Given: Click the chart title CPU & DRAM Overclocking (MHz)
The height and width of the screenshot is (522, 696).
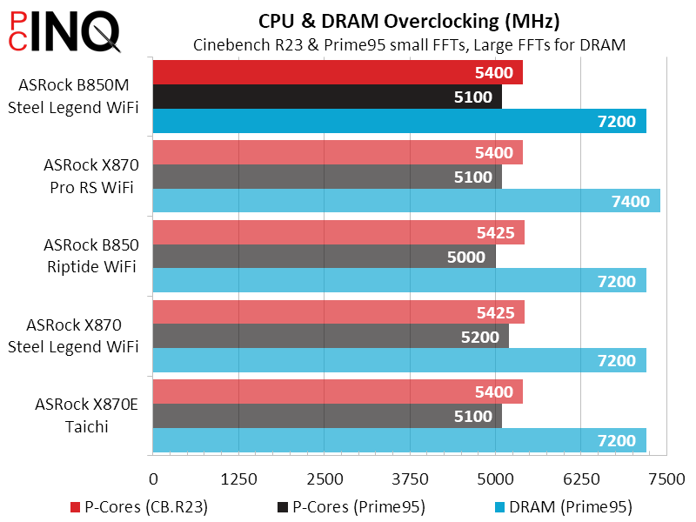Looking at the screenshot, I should (x=409, y=21).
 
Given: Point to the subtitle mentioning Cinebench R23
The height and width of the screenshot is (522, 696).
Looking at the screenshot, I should (x=409, y=43).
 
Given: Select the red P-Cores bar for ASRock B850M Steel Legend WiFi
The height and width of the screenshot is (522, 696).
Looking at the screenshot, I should (x=338, y=73).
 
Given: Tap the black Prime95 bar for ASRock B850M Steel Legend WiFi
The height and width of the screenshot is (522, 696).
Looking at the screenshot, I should (x=327, y=97).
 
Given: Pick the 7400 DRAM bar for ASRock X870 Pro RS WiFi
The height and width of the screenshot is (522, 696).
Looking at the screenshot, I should (x=406, y=201).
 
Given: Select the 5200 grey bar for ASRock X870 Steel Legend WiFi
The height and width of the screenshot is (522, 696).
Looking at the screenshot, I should (x=331, y=337).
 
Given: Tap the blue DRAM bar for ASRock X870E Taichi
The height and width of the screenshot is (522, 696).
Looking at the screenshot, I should (x=399, y=440).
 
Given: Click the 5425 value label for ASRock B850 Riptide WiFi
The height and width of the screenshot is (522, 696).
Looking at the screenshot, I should (x=494, y=233).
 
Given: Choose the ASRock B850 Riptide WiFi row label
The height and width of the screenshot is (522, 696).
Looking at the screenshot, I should (x=90, y=256).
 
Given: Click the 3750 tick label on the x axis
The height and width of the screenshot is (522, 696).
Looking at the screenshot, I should (x=410, y=478).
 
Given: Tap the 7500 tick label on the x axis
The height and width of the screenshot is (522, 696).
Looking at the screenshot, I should (x=667, y=478).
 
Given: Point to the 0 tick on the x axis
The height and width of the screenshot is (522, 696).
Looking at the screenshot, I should (x=153, y=478).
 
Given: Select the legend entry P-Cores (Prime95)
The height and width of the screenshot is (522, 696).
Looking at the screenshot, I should (x=352, y=505).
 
